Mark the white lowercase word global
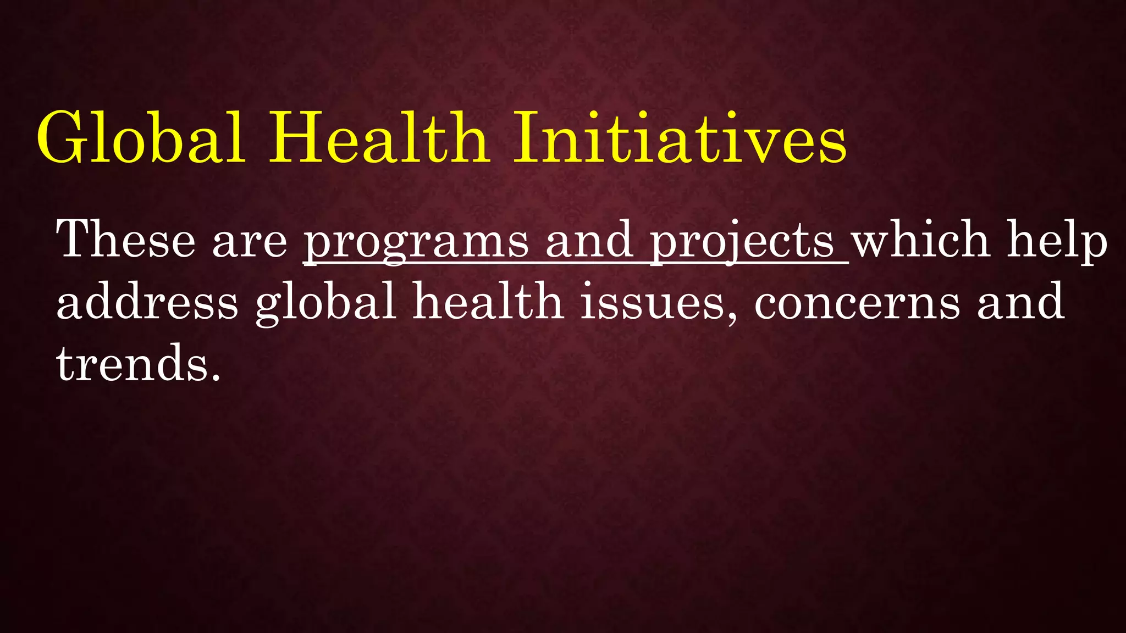pyautogui.click(x=325, y=302)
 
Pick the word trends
pyautogui.click(x=132, y=363)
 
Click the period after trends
pyautogui.click(x=216, y=378)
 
